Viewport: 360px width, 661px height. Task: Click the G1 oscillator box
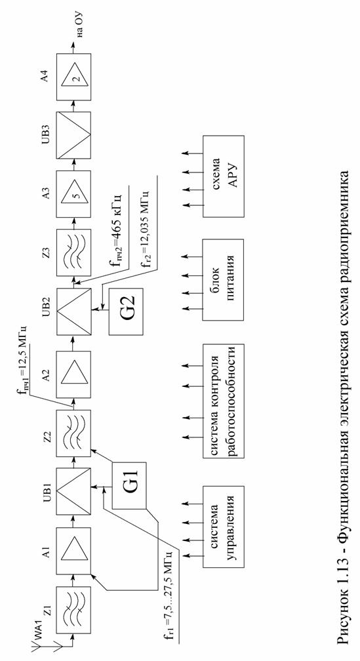129,486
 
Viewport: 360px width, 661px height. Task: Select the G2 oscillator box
126,311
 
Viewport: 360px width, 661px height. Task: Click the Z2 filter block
73,433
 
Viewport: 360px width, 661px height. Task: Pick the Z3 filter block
73,252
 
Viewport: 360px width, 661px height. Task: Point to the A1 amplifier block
73,550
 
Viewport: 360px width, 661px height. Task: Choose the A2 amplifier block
73,374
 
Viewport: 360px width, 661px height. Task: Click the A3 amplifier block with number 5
73,193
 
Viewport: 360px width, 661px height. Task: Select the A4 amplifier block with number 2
73,76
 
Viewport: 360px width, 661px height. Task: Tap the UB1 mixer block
73,492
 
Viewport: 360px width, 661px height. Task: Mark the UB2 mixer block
73,311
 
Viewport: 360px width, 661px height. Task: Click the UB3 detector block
73,135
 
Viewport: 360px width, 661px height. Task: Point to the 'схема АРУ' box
224,176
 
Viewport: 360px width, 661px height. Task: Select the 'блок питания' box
224,280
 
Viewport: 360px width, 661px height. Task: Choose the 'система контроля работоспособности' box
224,401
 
